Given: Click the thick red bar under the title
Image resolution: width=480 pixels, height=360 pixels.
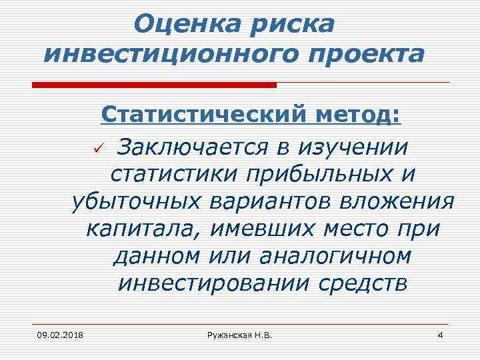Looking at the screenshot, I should coord(154,85).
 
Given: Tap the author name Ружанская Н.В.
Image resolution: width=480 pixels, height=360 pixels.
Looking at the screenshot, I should coord(240,334).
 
